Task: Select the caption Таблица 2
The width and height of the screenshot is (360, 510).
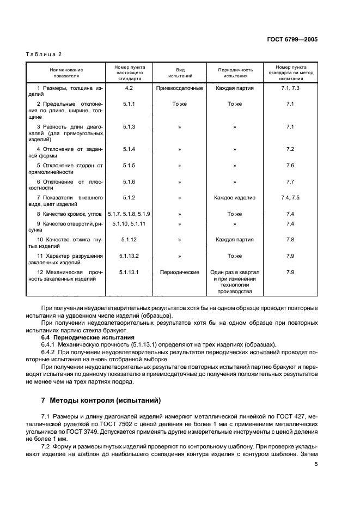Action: click(44, 54)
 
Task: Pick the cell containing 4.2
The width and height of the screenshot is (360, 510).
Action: click(129, 88)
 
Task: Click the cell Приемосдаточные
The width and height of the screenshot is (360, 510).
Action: click(179, 88)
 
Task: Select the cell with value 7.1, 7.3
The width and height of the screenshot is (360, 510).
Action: click(290, 88)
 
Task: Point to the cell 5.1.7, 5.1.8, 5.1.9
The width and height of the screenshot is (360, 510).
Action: click(129, 214)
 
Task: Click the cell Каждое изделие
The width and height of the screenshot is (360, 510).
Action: click(235, 198)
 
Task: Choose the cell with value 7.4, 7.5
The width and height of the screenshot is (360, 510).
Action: click(290, 198)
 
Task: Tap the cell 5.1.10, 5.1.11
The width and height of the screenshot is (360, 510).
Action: click(129, 223)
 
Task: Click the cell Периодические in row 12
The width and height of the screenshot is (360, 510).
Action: click(179, 272)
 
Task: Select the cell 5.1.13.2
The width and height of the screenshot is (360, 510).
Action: click(129, 256)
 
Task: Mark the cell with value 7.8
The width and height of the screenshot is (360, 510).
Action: click(290, 239)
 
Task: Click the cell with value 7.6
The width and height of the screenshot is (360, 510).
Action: click(290, 165)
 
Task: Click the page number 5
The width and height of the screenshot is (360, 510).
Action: click(316, 464)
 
